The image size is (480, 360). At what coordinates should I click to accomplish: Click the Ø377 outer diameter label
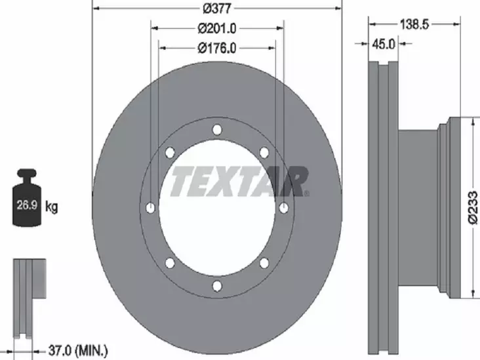217,9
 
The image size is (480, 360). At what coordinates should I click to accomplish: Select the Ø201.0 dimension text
217,28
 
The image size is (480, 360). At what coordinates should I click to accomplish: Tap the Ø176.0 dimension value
217,48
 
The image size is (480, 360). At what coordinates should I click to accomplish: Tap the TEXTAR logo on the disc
239,182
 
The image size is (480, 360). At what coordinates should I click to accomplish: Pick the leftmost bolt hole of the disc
151,208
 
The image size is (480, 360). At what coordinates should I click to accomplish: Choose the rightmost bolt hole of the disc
283,208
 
